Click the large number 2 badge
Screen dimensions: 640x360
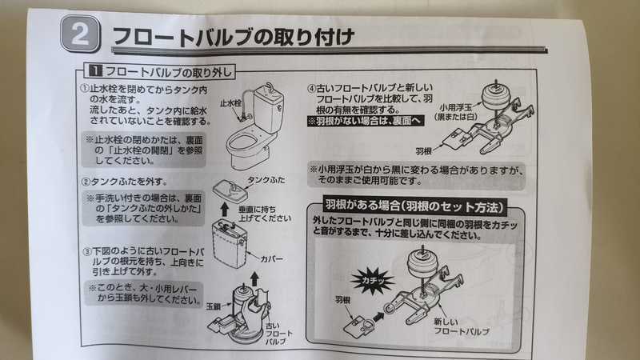80,34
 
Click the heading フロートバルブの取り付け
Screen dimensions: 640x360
233,37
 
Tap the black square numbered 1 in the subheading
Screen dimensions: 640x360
95,70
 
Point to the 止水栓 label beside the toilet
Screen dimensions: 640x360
230,103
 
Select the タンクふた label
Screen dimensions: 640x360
266,180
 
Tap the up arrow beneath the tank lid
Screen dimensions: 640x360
225,210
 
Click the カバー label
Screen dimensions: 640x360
271,258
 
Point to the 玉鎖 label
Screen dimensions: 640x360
213,306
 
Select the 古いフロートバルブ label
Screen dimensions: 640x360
278,334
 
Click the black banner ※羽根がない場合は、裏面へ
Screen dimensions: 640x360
366,121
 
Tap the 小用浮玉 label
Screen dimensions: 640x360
455,107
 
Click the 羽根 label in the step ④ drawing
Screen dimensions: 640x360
424,151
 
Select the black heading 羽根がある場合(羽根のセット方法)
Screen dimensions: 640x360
414,206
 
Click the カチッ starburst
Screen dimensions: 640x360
372,281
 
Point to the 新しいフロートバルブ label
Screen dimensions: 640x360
462,326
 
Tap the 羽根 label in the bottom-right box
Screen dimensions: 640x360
343,300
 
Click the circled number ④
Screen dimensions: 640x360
311,88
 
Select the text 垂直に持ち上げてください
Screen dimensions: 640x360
265,214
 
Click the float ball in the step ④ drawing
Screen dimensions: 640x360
496,96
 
